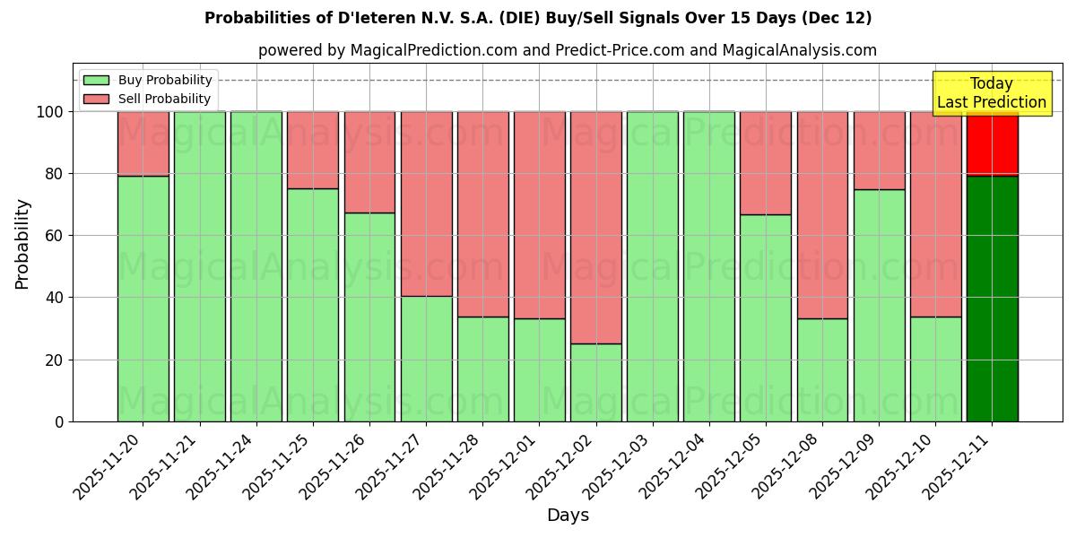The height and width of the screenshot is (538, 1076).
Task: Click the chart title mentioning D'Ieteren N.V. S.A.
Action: pyautogui.click(x=538, y=18)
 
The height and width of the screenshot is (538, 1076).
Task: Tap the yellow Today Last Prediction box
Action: pyautogui.click(x=991, y=93)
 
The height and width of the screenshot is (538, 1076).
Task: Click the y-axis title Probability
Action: pyautogui.click(x=22, y=244)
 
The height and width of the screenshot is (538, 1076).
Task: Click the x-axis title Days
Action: pyautogui.click(x=568, y=516)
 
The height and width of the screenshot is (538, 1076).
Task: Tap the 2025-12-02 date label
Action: pyautogui.click(x=562, y=466)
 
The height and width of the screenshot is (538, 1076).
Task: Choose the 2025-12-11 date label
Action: pyautogui.click(x=959, y=466)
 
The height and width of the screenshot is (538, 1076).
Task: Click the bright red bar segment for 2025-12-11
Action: pyautogui.click(x=992, y=143)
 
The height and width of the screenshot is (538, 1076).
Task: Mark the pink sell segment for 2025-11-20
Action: pyautogui.click(x=143, y=143)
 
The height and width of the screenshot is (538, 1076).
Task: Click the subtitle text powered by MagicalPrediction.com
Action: pyautogui.click(x=568, y=50)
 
